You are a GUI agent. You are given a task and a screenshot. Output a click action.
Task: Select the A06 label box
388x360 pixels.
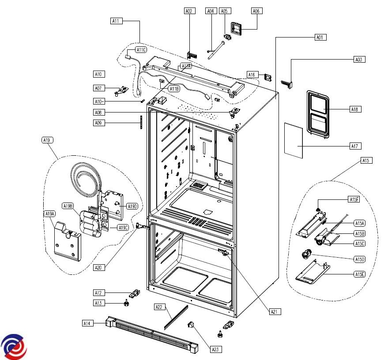[x=256, y=11]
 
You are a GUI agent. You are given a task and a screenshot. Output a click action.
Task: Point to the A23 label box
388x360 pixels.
[x=215, y=349]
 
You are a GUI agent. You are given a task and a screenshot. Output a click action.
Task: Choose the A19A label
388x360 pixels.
[x=50, y=214]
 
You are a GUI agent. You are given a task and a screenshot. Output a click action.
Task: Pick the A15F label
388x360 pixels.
[x=354, y=200]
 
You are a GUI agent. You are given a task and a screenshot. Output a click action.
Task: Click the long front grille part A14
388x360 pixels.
[x=150, y=334]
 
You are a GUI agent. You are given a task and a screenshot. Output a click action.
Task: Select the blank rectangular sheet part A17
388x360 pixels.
[x=293, y=140]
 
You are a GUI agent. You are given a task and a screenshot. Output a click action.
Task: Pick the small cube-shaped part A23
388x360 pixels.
[x=192, y=326]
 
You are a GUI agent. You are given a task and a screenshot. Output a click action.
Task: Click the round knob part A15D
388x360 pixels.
[x=305, y=254]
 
